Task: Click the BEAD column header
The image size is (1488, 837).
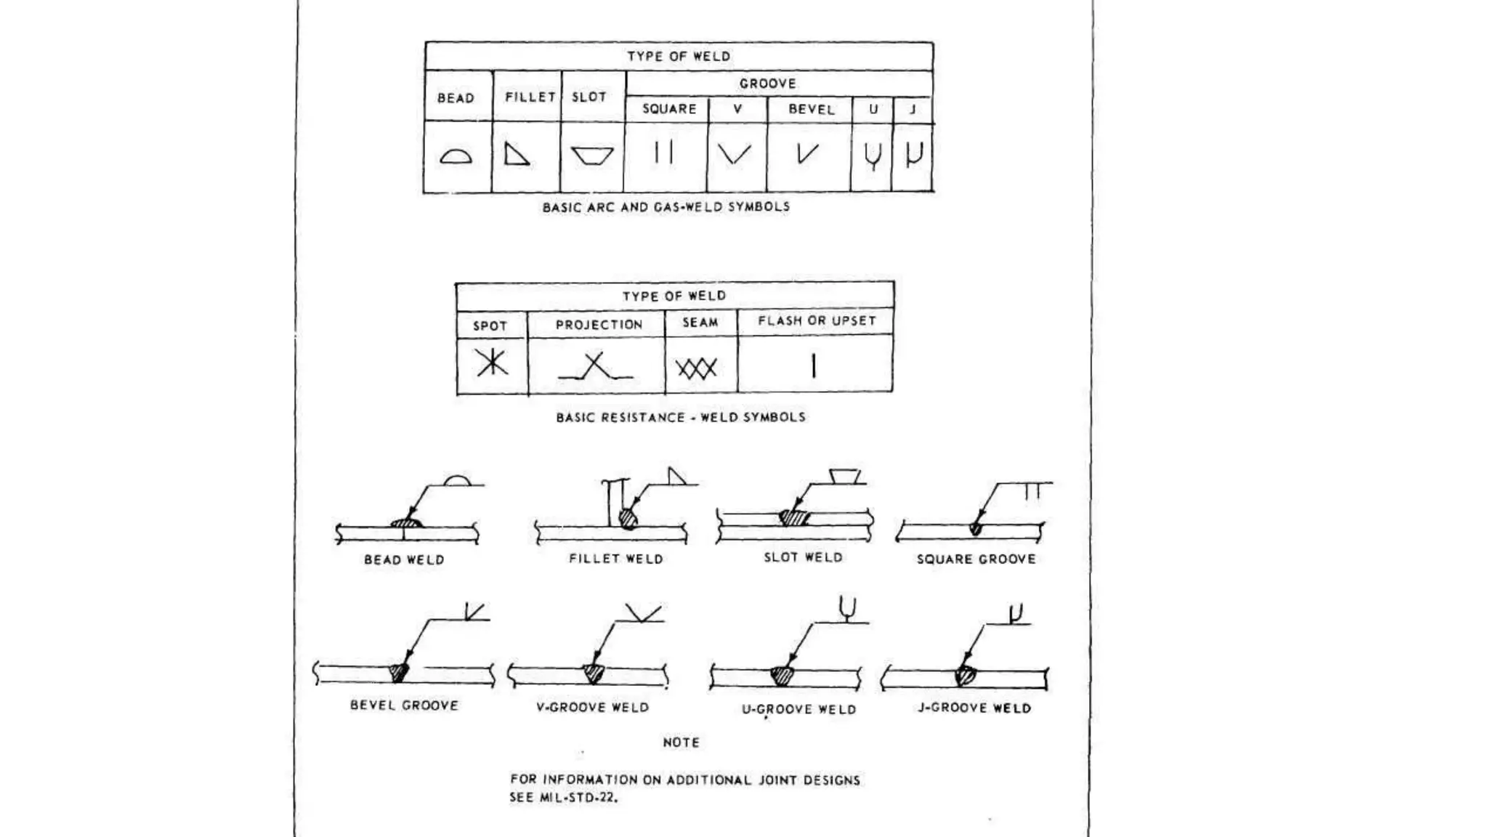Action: click(456, 98)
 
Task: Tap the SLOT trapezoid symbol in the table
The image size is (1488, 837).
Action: click(592, 155)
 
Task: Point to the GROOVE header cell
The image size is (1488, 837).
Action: click(768, 84)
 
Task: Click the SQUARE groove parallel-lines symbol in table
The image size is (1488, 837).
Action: click(663, 153)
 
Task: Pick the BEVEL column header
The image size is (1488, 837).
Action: click(812, 110)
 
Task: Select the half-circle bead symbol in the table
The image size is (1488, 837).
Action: click(456, 155)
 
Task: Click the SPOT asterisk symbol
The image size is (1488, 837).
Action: click(492, 362)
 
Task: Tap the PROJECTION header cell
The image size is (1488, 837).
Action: click(599, 325)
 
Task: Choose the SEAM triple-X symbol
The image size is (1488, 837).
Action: click(697, 368)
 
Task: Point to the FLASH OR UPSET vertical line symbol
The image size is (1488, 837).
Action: click(814, 365)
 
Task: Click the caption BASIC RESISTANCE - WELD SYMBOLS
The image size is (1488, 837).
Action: click(681, 417)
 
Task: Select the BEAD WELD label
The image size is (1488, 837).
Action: click(404, 559)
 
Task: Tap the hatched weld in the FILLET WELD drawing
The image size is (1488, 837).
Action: click(627, 519)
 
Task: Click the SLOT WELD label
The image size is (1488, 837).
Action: click(803, 557)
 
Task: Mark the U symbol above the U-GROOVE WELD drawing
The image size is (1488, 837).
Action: click(847, 608)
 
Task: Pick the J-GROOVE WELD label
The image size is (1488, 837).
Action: click(974, 708)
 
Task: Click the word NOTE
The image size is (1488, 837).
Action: click(681, 743)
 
